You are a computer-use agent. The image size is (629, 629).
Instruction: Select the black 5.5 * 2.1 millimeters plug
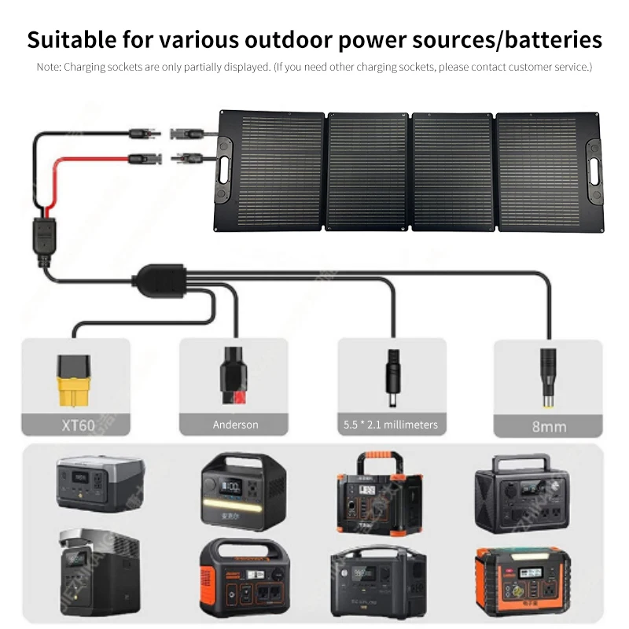391,376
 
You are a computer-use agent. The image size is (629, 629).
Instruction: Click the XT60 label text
76,425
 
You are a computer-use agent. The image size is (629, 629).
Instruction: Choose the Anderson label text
235,425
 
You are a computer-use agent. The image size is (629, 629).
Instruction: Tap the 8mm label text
548,427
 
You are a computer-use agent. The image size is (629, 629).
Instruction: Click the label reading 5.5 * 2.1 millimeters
391,425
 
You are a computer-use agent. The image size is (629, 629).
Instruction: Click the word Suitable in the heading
74,39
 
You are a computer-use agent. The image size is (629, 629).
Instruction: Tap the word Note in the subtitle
49,67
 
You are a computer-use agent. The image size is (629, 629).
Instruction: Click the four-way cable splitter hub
158,276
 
